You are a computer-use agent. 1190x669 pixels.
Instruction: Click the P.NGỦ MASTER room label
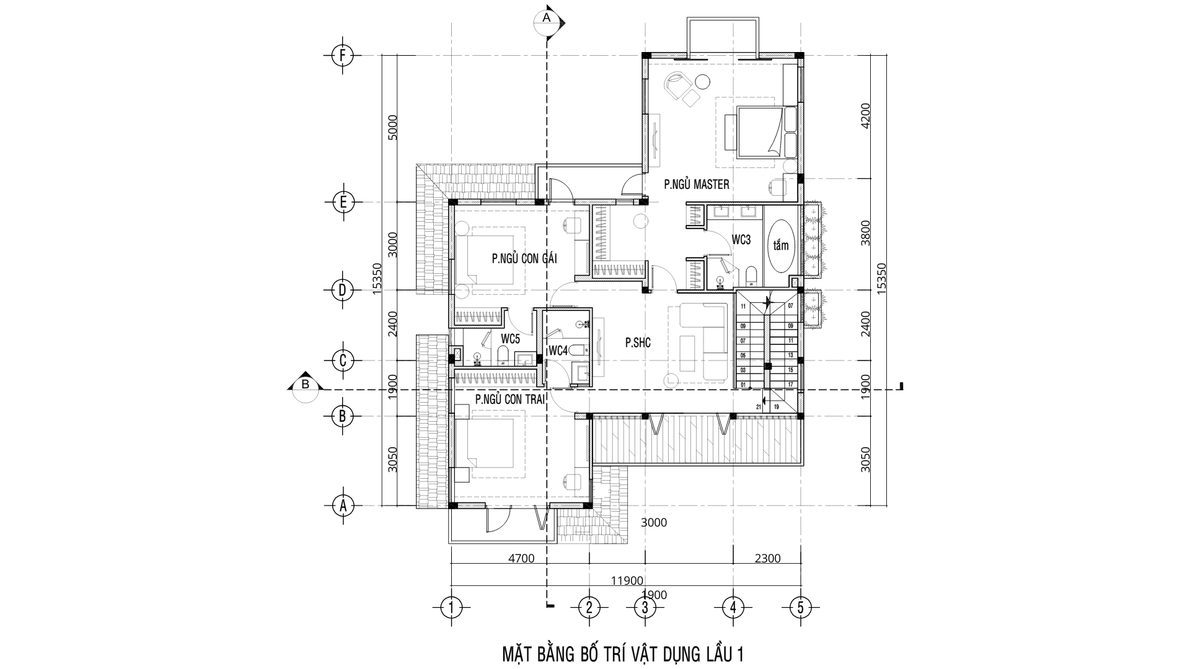tap(696, 184)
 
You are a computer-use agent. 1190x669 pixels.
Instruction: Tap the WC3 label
tap(741, 240)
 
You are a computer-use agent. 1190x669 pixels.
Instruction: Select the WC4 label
tap(558, 351)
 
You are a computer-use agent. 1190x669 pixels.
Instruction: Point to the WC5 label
tap(510, 339)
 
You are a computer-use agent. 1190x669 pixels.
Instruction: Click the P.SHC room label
tap(638, 342)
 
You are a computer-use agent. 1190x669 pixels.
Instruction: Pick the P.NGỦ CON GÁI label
tap(524, 259)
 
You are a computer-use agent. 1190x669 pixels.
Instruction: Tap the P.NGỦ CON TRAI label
tap(509, 400)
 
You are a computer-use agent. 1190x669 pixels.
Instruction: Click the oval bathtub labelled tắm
tap(781, 245)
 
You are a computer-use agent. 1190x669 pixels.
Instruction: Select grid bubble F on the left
tap(342, 56)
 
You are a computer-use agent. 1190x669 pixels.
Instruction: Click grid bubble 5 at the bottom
tap(800, 607)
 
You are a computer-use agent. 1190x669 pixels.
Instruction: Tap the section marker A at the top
tap(547, 19)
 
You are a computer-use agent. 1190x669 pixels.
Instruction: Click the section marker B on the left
tap(305, 385)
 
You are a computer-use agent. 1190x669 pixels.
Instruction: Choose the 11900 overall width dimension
tap(626, 580)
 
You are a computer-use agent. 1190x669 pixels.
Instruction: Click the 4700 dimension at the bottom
tap(521, 558)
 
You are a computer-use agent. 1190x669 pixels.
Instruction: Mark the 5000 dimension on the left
tap(391, 128)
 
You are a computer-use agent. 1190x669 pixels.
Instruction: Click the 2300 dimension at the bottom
tap(767, 558)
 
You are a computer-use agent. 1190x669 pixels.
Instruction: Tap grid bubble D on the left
tap(342, 290)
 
